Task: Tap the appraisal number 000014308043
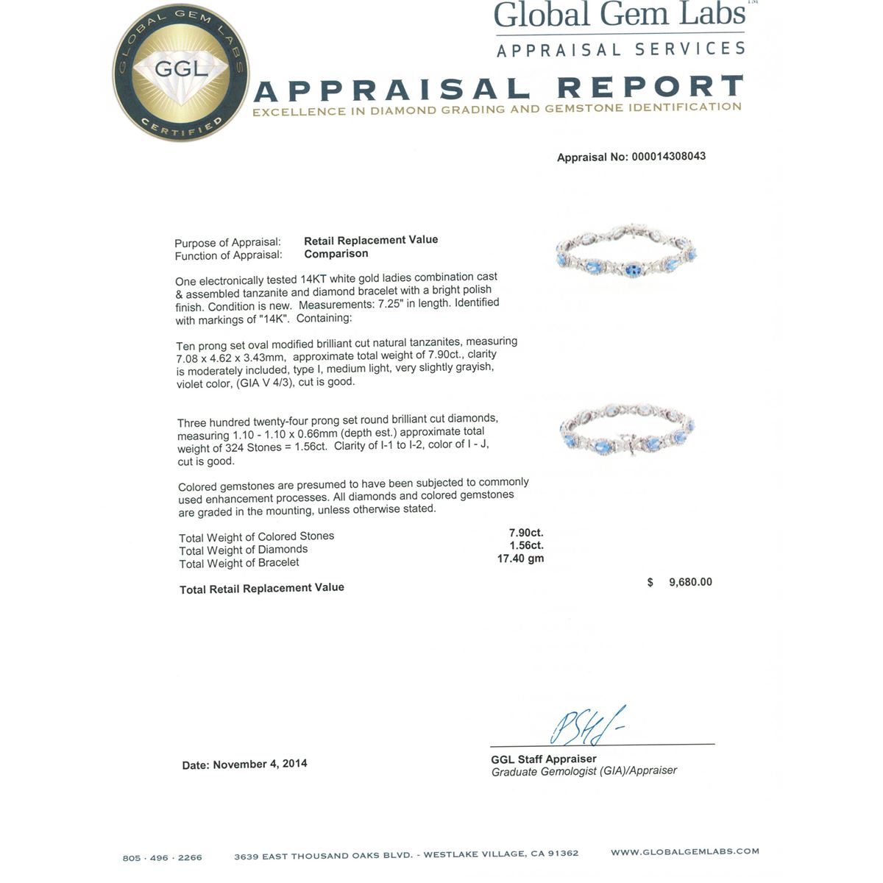coord(668,157)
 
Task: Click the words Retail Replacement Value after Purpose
coord(371,240)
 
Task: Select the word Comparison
coord(336,254)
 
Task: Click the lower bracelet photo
coord(627,431)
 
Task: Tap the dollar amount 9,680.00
coord(690,582)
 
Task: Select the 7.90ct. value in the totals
coord(526,533)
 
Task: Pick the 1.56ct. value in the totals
coord(526,546)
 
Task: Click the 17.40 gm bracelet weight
coord(521,559)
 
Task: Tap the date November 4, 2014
coord(259,765)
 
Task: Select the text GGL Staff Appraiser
coord(544,759)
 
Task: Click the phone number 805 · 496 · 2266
coord(162,857)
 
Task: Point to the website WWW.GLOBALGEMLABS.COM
coord(684,852)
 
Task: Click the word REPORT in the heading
coord(650,88)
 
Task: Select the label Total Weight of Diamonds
coord(244,550)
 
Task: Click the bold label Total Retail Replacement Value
coord(262,589)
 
